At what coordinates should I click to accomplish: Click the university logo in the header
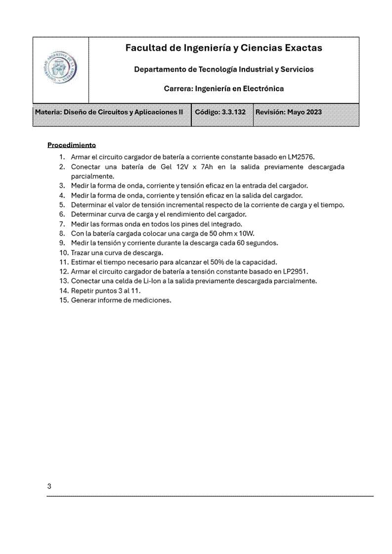(x=60, y=70)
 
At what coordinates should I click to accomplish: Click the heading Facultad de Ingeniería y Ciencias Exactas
(x=223, y=48)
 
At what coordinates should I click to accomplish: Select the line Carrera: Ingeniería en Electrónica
(x=223, y=89)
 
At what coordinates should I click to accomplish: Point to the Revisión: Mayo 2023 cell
(x=289, y=112)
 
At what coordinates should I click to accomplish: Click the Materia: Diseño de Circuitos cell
(x=109, y=112)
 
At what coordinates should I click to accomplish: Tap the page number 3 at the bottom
(x=49, y=486)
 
